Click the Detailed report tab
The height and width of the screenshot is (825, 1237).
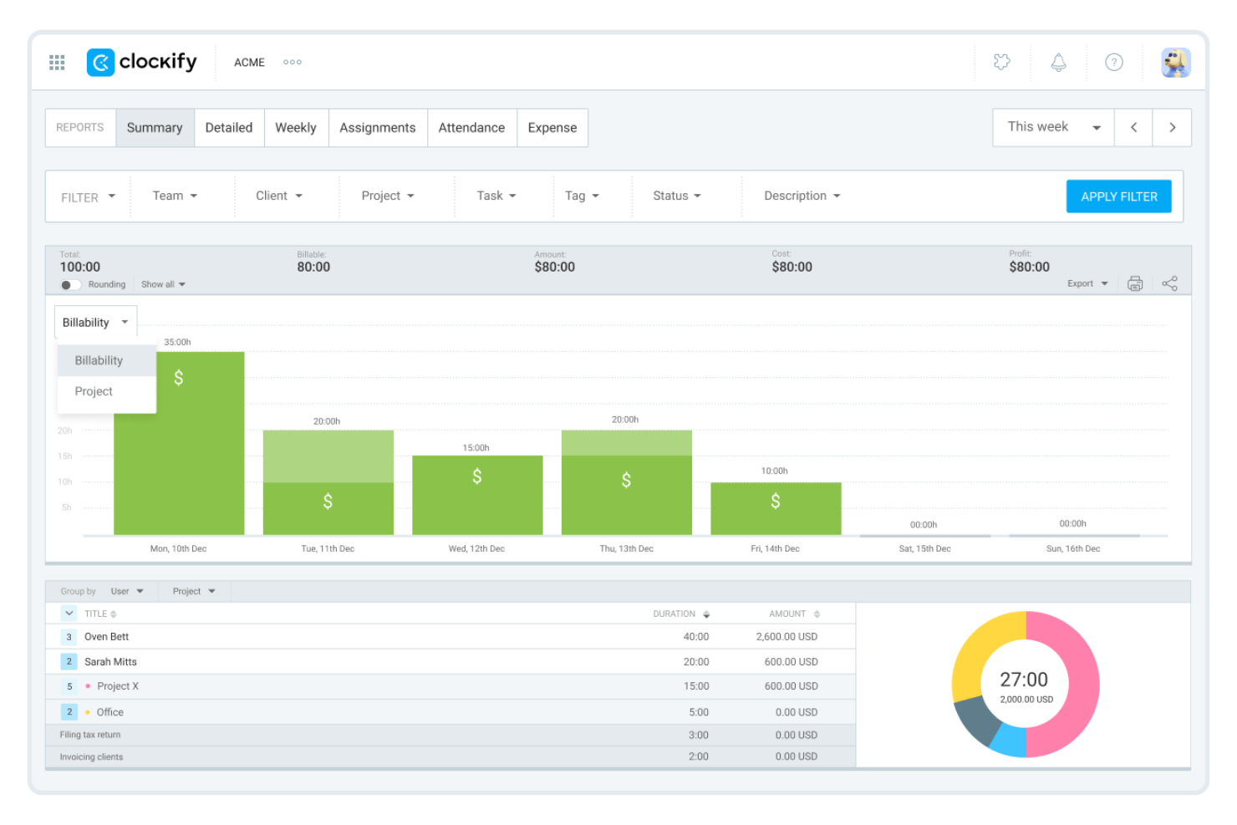[x=228, y=128]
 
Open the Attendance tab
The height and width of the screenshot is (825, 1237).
[x=471, y=128]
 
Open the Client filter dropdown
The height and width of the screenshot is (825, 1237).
[x=278, y=196]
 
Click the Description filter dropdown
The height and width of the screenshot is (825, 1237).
[x=801, y=196]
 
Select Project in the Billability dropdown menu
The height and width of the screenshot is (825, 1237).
[x=94, y=391]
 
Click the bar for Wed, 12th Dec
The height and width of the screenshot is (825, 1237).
[x=476, y=495]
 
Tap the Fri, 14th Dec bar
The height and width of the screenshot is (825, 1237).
[x=775, y=508]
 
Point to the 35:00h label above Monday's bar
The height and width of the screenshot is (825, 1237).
[x=177, y=342]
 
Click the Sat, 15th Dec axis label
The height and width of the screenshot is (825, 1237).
[x=924, y=549]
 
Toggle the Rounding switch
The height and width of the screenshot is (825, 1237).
[x=70, y=285]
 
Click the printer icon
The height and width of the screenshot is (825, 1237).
[x=1134, y=284]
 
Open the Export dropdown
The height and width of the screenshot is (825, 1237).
[x=1087, y=284]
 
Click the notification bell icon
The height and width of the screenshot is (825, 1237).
[x=1058, y=63]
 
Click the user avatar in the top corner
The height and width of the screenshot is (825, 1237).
[x=1175, y=63]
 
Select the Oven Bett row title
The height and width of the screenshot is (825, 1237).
[x=106, y=637]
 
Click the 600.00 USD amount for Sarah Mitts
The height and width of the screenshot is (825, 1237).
[x=791, y=662]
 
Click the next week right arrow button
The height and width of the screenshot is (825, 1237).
[x=1172, y=128]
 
